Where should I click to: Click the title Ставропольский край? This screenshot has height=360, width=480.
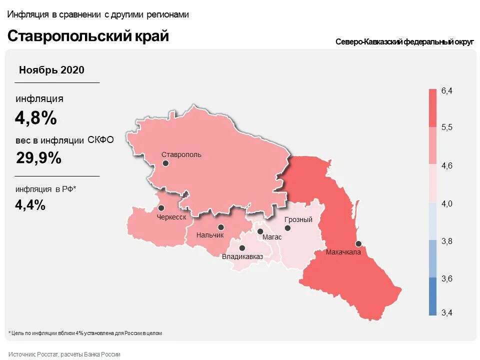coord(88,36)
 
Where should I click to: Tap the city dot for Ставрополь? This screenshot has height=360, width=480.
coord(165,163)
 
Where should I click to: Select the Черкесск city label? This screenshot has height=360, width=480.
coord(171,217)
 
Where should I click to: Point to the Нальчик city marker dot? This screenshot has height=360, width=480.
coord(220,227)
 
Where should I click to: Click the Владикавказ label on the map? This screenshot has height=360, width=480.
coord(242,257)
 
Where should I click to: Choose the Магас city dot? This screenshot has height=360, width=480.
coord(260,231)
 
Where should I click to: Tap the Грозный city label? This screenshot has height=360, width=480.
coord(298,219)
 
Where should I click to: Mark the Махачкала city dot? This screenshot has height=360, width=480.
coord(358,243)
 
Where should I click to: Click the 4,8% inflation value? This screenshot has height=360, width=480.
coord(36,118)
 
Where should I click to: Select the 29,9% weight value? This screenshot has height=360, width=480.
coord(38,158)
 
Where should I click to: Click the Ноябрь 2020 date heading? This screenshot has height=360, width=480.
coord(51,70)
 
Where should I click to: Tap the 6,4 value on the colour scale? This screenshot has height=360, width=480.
coord(446,90)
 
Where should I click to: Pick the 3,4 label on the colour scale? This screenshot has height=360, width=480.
coord(446,313)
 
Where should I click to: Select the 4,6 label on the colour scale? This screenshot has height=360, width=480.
coord(446,165)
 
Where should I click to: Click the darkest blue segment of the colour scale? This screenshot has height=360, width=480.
coord(432,296)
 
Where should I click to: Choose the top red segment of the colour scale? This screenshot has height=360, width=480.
coord(432,108)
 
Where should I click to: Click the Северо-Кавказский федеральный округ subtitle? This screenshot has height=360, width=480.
coord(404,42)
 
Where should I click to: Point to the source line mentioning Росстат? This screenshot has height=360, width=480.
coord(64,354)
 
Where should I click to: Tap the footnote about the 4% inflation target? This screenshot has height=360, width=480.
coord(85,332)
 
